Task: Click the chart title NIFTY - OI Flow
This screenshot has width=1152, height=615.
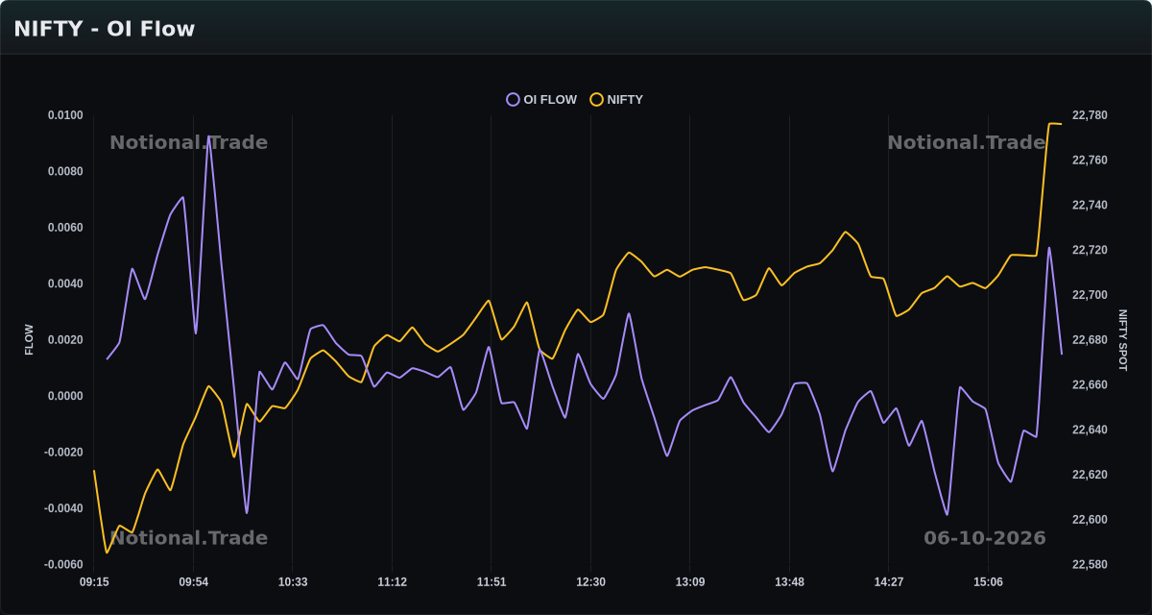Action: [x=105, y=29]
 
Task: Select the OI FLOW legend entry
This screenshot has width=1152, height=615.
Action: [x=541, y=99]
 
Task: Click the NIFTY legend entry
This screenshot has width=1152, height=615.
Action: [x=616, y=99]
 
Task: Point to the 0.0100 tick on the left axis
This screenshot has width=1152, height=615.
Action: [x=65, y=115]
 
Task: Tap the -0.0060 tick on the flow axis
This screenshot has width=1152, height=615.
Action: [x=63, y=565]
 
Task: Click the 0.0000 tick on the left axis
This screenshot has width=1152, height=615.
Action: [x=65, y=396]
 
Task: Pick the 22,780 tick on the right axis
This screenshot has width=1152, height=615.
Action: [x=1090, y=115]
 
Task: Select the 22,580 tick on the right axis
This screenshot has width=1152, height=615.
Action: [x=1090, y=565]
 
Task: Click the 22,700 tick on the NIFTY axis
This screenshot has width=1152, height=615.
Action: [x=1090, y=295]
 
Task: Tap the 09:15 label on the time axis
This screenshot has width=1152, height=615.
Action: [x=94, y=582]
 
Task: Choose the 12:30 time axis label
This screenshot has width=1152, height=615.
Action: [x=591, y=582]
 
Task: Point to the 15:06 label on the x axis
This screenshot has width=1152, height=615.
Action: [x=988, y=582]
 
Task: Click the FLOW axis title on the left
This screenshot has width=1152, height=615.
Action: [x=29, y=339]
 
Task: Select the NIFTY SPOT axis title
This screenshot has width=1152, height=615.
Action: [x=1122, y=340]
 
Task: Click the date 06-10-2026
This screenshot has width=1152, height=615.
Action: [x=985, y=538]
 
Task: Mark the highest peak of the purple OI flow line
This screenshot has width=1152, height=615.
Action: [x=208, y=135]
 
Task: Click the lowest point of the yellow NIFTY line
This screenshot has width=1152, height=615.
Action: [x=107, y=553]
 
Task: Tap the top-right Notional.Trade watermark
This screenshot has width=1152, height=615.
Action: [x=967, y=142]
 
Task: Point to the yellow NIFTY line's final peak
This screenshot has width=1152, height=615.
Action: [x=1049, y=124]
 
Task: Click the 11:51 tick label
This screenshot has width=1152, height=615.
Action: [x=492, y=582]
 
